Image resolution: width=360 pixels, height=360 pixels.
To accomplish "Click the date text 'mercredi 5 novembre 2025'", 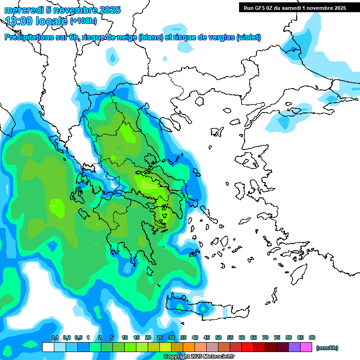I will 62,10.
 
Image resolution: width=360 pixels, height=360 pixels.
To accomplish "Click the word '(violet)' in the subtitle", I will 248,37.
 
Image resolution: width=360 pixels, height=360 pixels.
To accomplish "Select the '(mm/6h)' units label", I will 327,348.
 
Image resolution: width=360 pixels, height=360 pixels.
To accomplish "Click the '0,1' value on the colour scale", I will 54,337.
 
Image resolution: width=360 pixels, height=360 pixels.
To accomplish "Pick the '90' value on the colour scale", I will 312,337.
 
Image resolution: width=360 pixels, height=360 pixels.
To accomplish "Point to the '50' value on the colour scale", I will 218,337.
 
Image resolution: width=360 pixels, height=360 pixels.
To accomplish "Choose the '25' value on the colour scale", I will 160,337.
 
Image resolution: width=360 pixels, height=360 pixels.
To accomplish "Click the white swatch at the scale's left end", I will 48,347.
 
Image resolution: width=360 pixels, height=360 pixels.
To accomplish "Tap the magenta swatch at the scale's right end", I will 306,347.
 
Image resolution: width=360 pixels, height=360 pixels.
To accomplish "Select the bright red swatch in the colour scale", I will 247,347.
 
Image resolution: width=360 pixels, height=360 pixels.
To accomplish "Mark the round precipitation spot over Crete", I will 203,309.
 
